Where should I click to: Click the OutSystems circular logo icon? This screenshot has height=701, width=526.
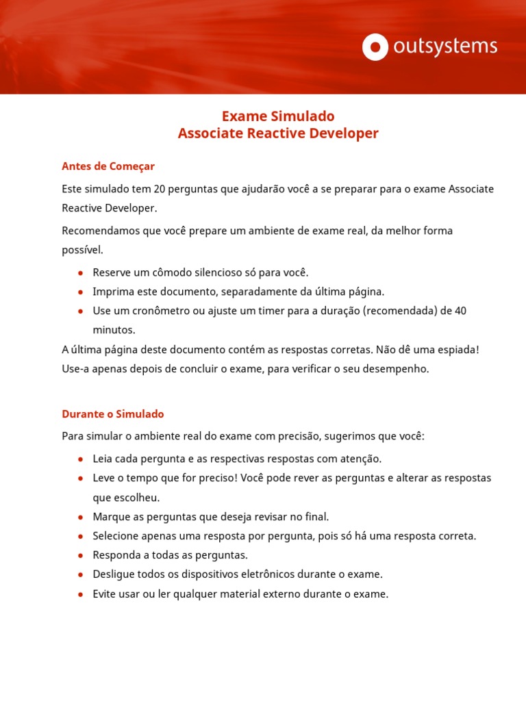tap(375, 47)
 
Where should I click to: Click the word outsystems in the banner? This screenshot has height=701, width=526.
tap(445, 47)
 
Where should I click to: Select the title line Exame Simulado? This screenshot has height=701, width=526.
tap(278, 116)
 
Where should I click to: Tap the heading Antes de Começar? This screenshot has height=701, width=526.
tap(108, 166)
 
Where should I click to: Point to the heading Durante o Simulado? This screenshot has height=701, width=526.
tap(113, 414)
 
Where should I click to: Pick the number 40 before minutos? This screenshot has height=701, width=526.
tap(460, 311)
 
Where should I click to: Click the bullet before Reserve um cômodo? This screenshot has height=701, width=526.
tap(81, 272)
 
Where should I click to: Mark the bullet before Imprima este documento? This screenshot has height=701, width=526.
tap(81, 292)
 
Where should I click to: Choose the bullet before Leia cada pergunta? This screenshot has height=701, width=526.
tap(81, 459)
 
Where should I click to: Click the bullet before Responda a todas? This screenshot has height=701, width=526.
tap(81, 555)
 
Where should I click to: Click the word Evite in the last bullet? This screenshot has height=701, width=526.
tap(105, 594)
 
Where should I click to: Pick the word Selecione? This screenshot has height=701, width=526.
tap(116, 535)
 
